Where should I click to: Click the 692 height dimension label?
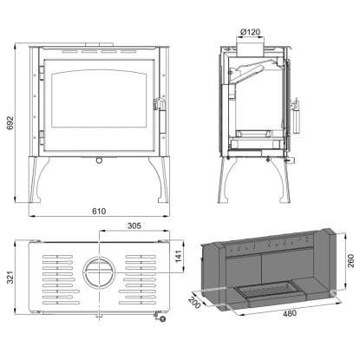point(10,123)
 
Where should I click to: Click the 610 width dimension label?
point(99,212)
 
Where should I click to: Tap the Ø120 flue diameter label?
point(250,32)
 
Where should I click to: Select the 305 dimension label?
point(134,226)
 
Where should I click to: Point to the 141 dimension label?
point(178,257)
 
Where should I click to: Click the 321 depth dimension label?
point(10,278)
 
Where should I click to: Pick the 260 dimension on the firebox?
point(350,260)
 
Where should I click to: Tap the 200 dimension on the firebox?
point(194,303)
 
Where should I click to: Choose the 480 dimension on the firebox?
point(289,313)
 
